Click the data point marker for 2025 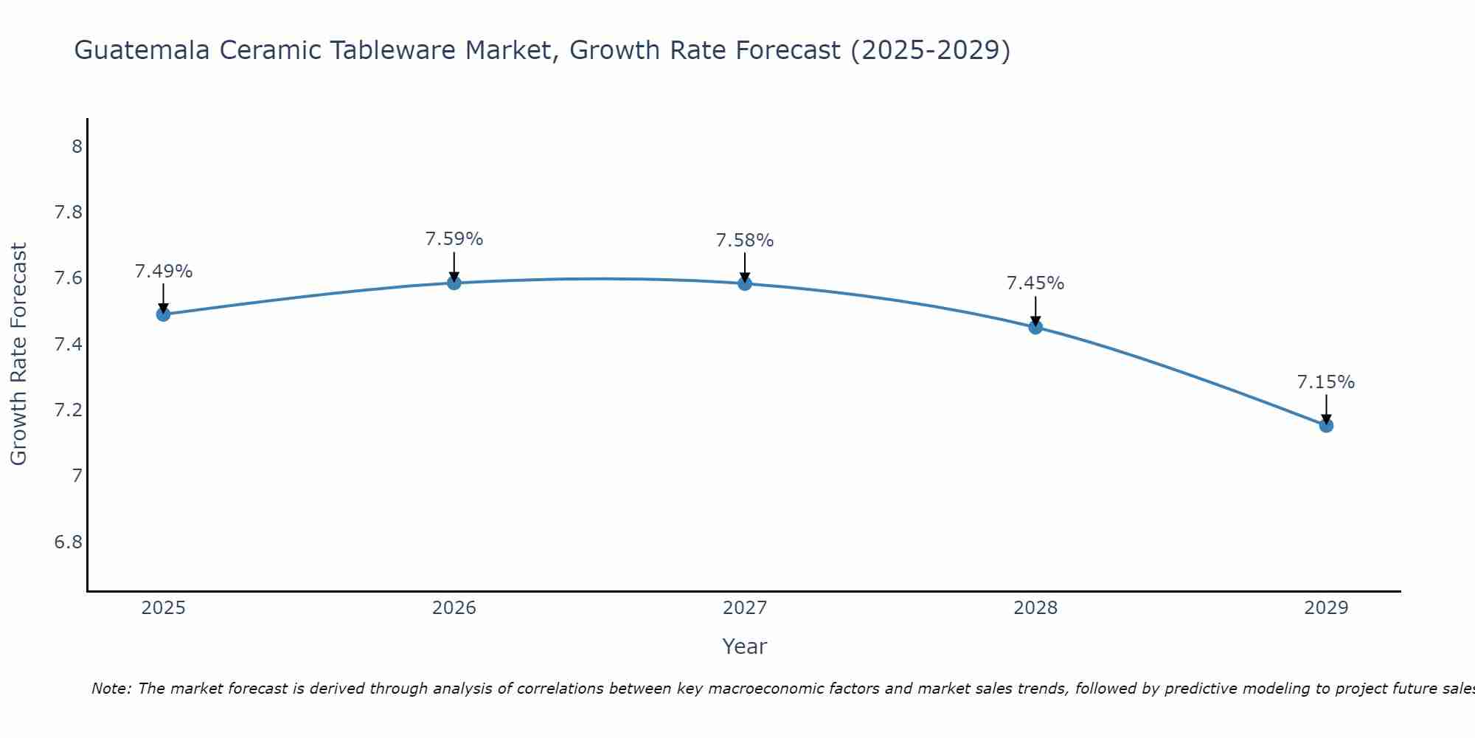(163, 314)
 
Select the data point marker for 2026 (454, 283)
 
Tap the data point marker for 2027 (745, 283)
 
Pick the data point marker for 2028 (1035, 327)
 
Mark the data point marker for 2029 (1326, 425)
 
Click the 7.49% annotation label (163, 272)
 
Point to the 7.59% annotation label (454, 239)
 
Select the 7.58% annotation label (745, 241)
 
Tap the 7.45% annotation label (1035, 283)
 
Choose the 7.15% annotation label (1326, 382)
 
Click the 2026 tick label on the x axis (454, 608)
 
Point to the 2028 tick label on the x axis (1035, 608)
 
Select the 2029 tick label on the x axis (1326, 608)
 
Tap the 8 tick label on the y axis (77, 147)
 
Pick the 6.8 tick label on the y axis (68, 542)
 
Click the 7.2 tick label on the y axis (68, 410)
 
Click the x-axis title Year (745, 646)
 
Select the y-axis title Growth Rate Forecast (18, 354)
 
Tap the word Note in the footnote (110, 689)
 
